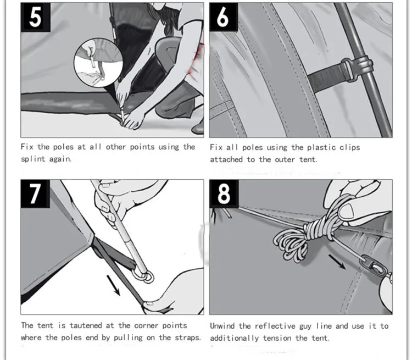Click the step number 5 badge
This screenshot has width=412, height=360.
click(x=36, y=18)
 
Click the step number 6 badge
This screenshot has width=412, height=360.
click(x=224, y=17)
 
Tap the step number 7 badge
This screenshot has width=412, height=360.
click(x=35, y=194)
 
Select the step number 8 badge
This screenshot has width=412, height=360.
click(x=224, y=194)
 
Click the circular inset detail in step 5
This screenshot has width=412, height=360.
click(x=98, y=63)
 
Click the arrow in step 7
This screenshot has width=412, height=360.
click(x=113, y=285)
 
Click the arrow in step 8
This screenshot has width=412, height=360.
click(x=337, y=262)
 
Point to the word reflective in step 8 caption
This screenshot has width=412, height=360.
click(x=275, y=326)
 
